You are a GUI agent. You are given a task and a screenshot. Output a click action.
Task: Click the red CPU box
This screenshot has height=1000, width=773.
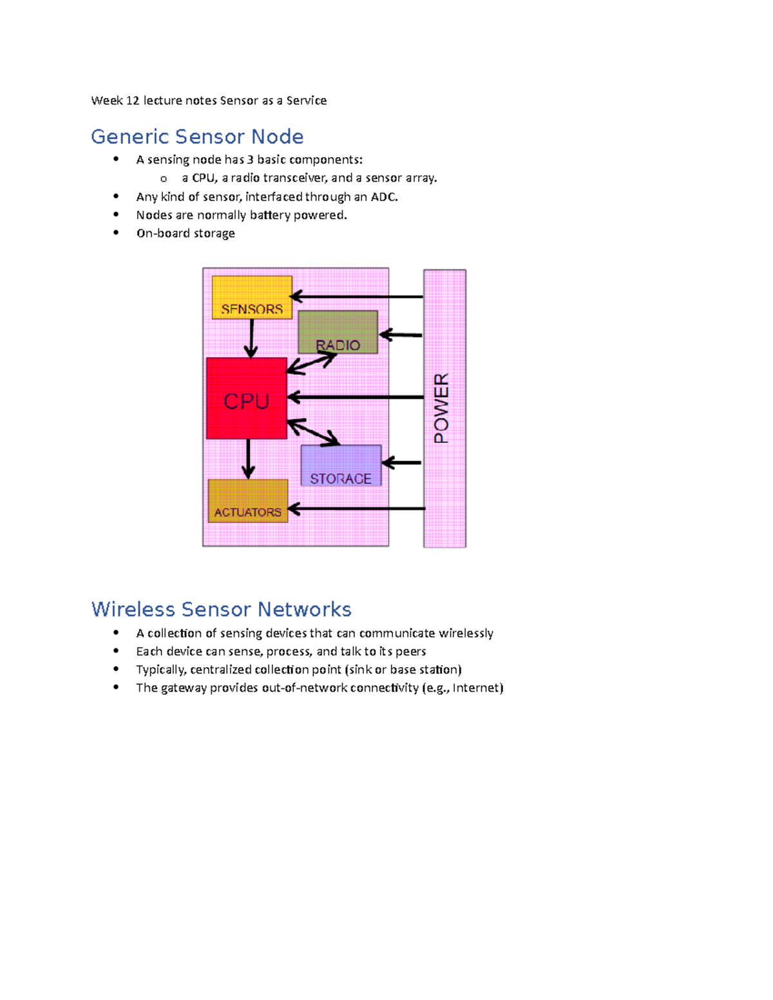(246, 398)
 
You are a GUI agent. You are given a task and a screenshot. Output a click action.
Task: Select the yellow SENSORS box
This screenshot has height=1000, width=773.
(252, 297)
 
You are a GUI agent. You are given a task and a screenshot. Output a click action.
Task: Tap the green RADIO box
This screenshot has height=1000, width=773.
(338, 332)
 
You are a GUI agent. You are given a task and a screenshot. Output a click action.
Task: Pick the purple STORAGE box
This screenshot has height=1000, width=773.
(341, 465)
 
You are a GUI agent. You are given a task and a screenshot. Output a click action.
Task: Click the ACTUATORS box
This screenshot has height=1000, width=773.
(248, 500)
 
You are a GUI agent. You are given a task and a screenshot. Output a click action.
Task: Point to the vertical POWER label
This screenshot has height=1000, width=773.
(441, 408)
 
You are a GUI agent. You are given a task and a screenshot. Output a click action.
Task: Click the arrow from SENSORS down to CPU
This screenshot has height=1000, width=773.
(251, 338)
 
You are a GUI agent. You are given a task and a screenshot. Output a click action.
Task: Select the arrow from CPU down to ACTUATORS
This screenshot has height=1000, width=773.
(249, 458)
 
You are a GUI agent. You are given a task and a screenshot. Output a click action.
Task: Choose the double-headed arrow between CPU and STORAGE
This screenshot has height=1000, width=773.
(313, 432)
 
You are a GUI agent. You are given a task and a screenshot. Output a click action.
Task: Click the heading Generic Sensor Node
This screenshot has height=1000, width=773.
(197, 137)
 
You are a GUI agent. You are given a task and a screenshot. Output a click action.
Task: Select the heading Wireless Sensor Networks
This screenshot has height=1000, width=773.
(221, 609)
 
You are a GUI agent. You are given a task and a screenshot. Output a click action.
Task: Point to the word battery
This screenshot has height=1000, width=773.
(270, 215)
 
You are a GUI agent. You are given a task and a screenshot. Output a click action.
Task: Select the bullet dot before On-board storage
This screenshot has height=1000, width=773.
(116, 232)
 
